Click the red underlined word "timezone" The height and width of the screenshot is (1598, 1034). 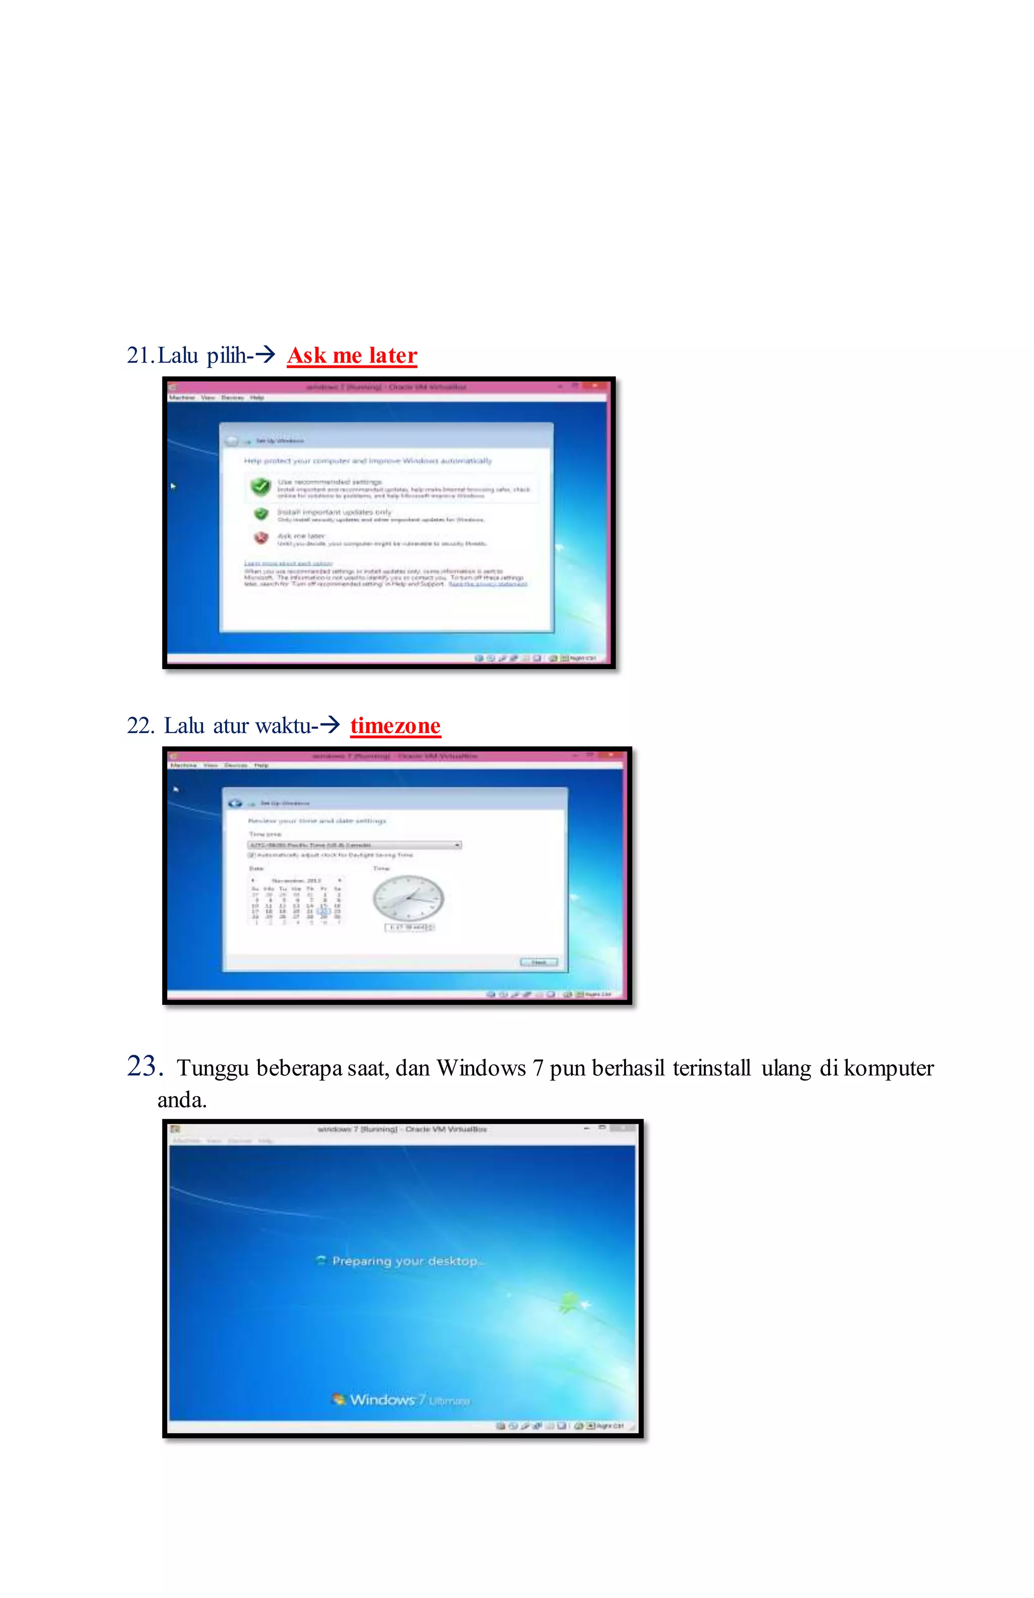tap(395, 726)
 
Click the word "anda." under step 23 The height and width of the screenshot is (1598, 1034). tap(182, 1100)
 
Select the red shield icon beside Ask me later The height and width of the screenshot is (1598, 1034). tap(261, 537)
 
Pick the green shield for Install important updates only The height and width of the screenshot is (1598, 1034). tap(261, 514)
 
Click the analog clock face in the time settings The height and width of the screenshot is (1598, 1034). tap(408, 898)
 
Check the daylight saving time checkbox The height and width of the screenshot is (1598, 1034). tap(252, 855)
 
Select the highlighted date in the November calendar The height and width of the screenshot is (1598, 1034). tap(324, 911)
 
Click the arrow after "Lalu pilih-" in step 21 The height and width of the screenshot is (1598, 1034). tap(265, 354)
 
